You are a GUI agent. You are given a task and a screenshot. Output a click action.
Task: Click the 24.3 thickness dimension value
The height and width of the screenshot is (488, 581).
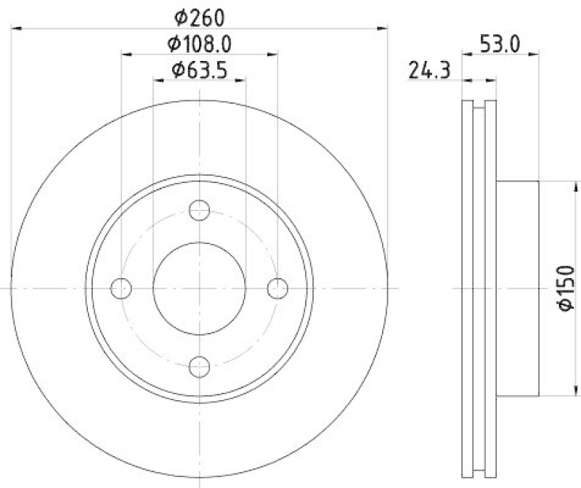[x=430, y=70]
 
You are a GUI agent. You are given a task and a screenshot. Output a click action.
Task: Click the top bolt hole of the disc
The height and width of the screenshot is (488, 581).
[x=199, y=211]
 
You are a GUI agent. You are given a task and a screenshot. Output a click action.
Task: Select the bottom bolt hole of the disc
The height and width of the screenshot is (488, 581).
[x=199, y=367]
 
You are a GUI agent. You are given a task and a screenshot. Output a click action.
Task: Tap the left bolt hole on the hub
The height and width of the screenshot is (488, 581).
[x=121, y=288]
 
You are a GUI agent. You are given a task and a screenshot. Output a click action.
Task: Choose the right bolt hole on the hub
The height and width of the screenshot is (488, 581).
[x=277, y=288]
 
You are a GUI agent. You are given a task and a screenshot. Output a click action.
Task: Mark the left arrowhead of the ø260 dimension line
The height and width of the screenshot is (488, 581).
[x=17, y=28]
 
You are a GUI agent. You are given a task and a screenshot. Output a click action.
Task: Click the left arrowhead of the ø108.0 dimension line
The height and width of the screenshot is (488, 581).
[x=125, y=54]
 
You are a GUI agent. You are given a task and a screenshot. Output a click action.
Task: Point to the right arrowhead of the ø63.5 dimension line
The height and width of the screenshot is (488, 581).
[x=241, y=80]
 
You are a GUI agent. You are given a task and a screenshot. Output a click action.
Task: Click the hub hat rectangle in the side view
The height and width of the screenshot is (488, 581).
[x=517, y=288]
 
